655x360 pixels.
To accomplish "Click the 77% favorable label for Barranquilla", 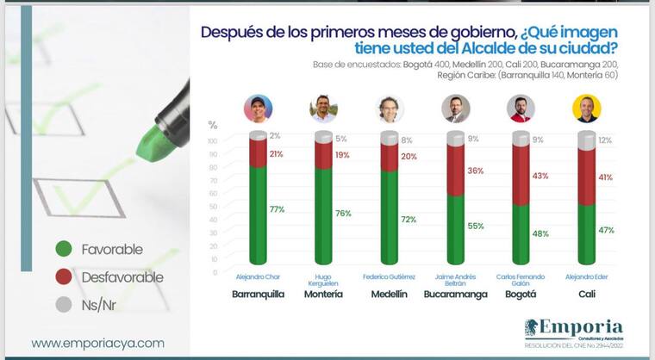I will click(x=277, y=209).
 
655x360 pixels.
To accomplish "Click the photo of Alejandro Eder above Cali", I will click(x=586, y=109).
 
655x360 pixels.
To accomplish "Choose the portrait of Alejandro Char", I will click(x=258, y=109).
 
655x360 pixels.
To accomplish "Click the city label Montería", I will click(x=323, y=294).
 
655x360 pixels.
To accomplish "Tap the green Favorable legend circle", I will click(x=62, y=249).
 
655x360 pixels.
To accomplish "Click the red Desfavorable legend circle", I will click(x=62, y=278).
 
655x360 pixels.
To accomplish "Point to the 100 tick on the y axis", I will click(x=212, y=140).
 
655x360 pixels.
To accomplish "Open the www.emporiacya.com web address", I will click(x=97, y=343).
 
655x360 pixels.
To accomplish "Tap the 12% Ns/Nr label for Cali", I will click(x=605, y=140).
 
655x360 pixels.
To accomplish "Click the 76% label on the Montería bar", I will click(x=343, y=213).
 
